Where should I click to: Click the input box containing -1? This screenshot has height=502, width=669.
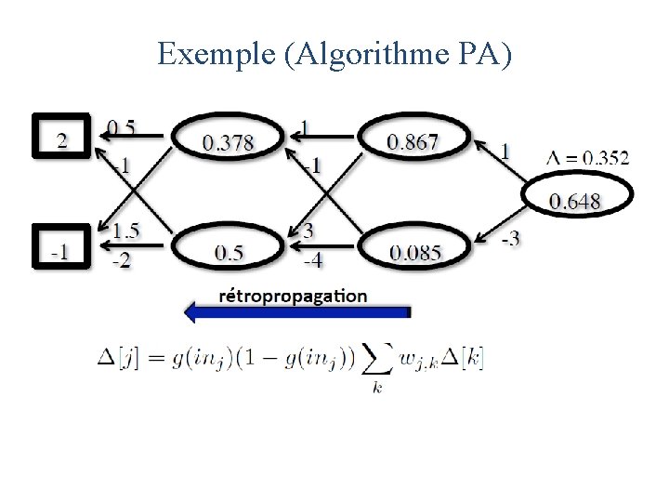(x=60, y=249)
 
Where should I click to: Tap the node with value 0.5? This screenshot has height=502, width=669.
(x=228, y=251)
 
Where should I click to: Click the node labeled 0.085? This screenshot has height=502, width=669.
(x=415, y=251)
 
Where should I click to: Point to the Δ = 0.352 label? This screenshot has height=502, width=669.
(x=586, y=157)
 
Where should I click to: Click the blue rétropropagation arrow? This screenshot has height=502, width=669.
(x=296, y=313)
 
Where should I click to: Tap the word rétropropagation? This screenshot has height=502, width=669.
(x=293, y=296)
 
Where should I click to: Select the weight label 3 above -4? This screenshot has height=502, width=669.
(x=308, y=231)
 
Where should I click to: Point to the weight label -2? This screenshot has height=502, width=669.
(x=122, y=260)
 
